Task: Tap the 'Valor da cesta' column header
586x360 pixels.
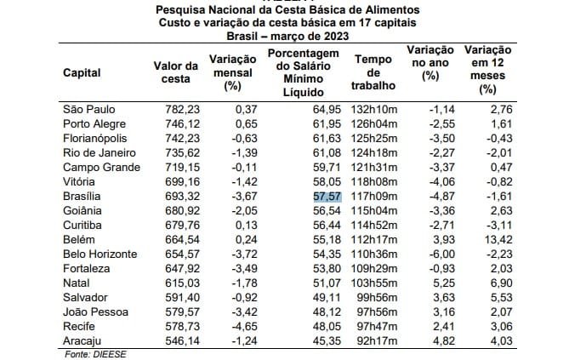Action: coord(176,72)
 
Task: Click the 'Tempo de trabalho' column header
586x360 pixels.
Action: coord(373,72)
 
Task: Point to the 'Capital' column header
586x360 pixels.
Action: coord(82,72)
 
